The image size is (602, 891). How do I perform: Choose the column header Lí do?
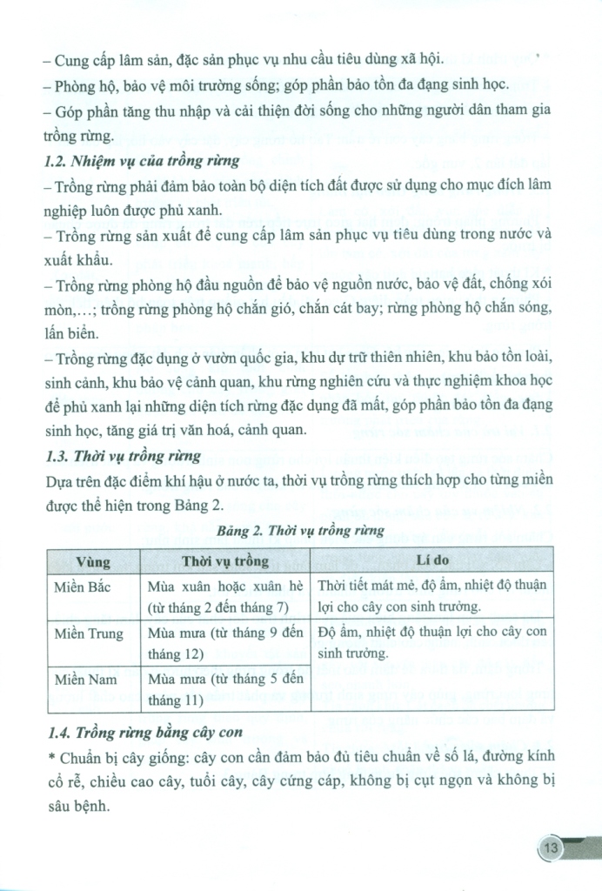[x=433, y=561]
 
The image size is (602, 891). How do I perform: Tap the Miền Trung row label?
[x=89, y=633]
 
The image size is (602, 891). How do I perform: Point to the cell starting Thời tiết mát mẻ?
[x=432, y=595]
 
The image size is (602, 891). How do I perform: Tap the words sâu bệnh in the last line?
[x=76, y=807]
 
